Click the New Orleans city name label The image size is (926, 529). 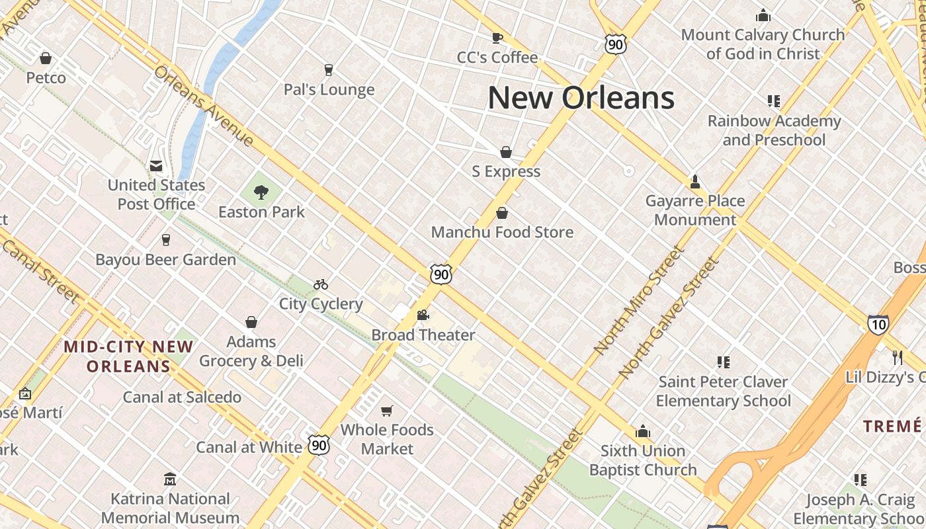tap(581, 98)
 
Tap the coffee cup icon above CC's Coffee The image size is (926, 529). tap(497, 38)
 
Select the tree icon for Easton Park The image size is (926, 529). tap(261, 192)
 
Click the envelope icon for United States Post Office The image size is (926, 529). tap(156, 165)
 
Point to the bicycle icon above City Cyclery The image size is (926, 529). tap(321, 284)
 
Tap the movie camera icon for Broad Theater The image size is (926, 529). tap(423, 315)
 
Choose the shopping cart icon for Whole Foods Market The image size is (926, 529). tap(387, 411)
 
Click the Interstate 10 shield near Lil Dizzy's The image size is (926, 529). tap(878, 324)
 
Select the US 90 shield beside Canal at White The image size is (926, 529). tap(319, 445)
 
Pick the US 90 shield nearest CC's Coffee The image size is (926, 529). tap(614, 44)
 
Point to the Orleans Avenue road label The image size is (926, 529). tap(204, 106)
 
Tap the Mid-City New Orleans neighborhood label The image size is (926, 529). tap(128, 356)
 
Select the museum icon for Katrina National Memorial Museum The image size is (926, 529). tap(170, 479)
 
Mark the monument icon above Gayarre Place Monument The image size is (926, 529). tap(694, 181)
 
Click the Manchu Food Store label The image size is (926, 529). tap(502, 232)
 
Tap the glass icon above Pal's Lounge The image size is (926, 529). tap(328, 69)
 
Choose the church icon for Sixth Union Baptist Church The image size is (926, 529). tap(642, 432)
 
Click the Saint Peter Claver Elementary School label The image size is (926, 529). tap(723, 391)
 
